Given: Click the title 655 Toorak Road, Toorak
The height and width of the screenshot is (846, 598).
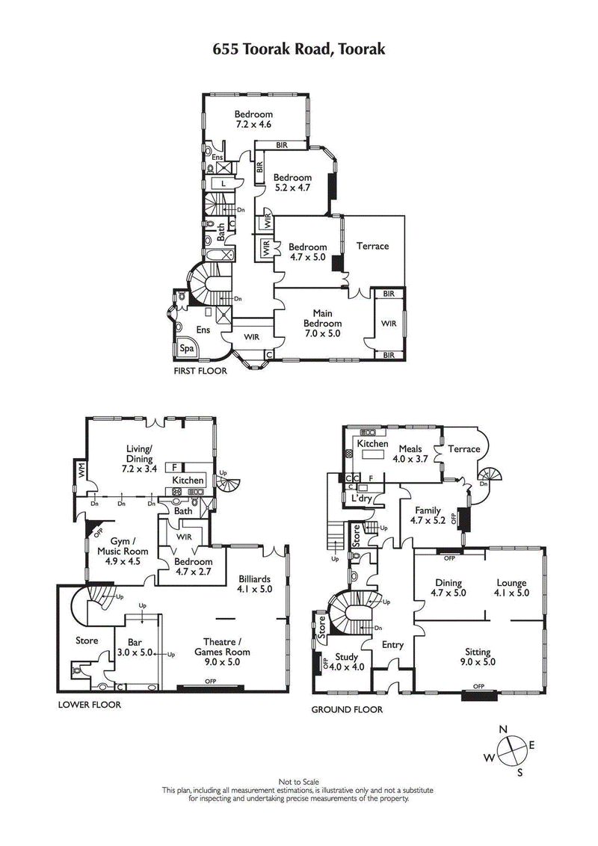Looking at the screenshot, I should tap(299, 49).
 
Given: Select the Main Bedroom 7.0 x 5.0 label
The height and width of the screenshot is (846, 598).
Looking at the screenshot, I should tap(322, 324).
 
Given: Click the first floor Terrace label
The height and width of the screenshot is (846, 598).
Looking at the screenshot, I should tap(372, 246).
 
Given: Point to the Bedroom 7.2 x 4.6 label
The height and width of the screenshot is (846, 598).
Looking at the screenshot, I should tap(253, 120).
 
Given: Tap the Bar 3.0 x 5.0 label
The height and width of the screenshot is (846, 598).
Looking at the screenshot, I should tap(135, 647).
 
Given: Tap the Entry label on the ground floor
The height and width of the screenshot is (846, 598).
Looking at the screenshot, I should tap(392, 645).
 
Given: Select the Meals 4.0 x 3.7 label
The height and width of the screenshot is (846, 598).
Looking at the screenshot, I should tap(410, 454).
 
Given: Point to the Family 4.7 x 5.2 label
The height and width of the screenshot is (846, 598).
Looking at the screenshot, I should tap(428, 515).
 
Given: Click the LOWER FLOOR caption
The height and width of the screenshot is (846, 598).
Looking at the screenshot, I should tap(89, 704).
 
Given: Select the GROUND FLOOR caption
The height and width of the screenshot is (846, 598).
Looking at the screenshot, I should tap(347, 710).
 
